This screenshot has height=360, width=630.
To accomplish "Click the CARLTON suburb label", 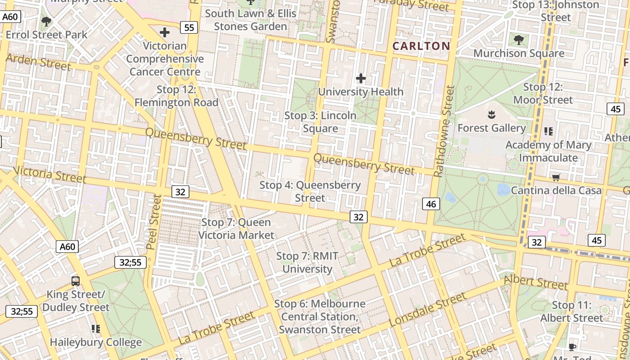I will pos(421,46).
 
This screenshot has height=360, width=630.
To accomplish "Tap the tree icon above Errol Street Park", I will pos(46,21).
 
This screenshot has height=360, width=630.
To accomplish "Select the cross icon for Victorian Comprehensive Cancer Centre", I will pos(165,32).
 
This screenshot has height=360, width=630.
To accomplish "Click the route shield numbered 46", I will pos(431,204).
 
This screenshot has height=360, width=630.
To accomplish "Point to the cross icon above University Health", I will pos(361,79).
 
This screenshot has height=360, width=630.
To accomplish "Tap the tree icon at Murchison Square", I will pos(519,40).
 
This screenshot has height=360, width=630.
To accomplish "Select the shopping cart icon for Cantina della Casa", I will pos(556,177).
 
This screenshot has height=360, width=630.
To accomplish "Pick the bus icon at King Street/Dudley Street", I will pos(76,281).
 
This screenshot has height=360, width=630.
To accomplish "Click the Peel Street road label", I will pos(154,222).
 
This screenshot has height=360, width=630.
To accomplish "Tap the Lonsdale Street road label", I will pos(427,309).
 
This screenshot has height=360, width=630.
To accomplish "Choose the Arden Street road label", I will pos(38,62).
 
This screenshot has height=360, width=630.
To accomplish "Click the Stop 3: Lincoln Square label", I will pos(320,122).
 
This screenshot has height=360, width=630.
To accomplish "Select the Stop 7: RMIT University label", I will pos(307,262).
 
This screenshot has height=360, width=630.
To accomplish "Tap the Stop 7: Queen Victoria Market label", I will pos(236,229).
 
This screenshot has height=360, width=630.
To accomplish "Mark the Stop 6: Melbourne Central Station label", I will pos(319,316).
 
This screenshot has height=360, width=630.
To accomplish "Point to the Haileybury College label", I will pos(95,342).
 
